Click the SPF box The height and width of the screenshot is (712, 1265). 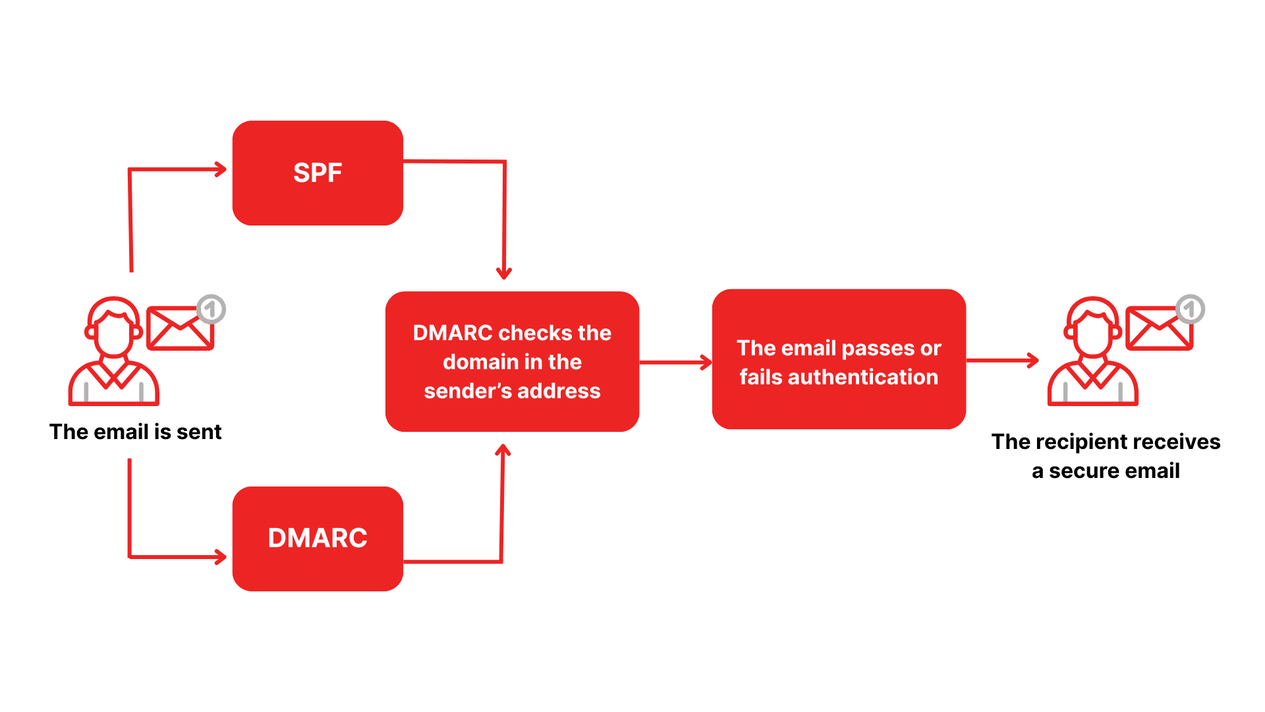point(318,173)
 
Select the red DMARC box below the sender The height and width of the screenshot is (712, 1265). point(318,538)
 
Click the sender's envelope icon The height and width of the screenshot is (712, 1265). point(178,329)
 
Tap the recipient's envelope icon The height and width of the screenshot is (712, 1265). point(1158,329)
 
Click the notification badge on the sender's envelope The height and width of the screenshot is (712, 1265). point(211,309)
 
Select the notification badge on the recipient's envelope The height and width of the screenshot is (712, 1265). point(1190,309)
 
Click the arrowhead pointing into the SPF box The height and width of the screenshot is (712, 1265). point(221,170)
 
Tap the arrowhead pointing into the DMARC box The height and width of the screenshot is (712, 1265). point(221,557)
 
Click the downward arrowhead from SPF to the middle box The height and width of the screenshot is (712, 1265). point(504,272)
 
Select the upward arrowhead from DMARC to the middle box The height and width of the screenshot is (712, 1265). point(503,451)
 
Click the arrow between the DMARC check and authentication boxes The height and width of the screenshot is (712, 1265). point(675,362)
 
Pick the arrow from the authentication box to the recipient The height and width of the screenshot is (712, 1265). point(1002,361)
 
